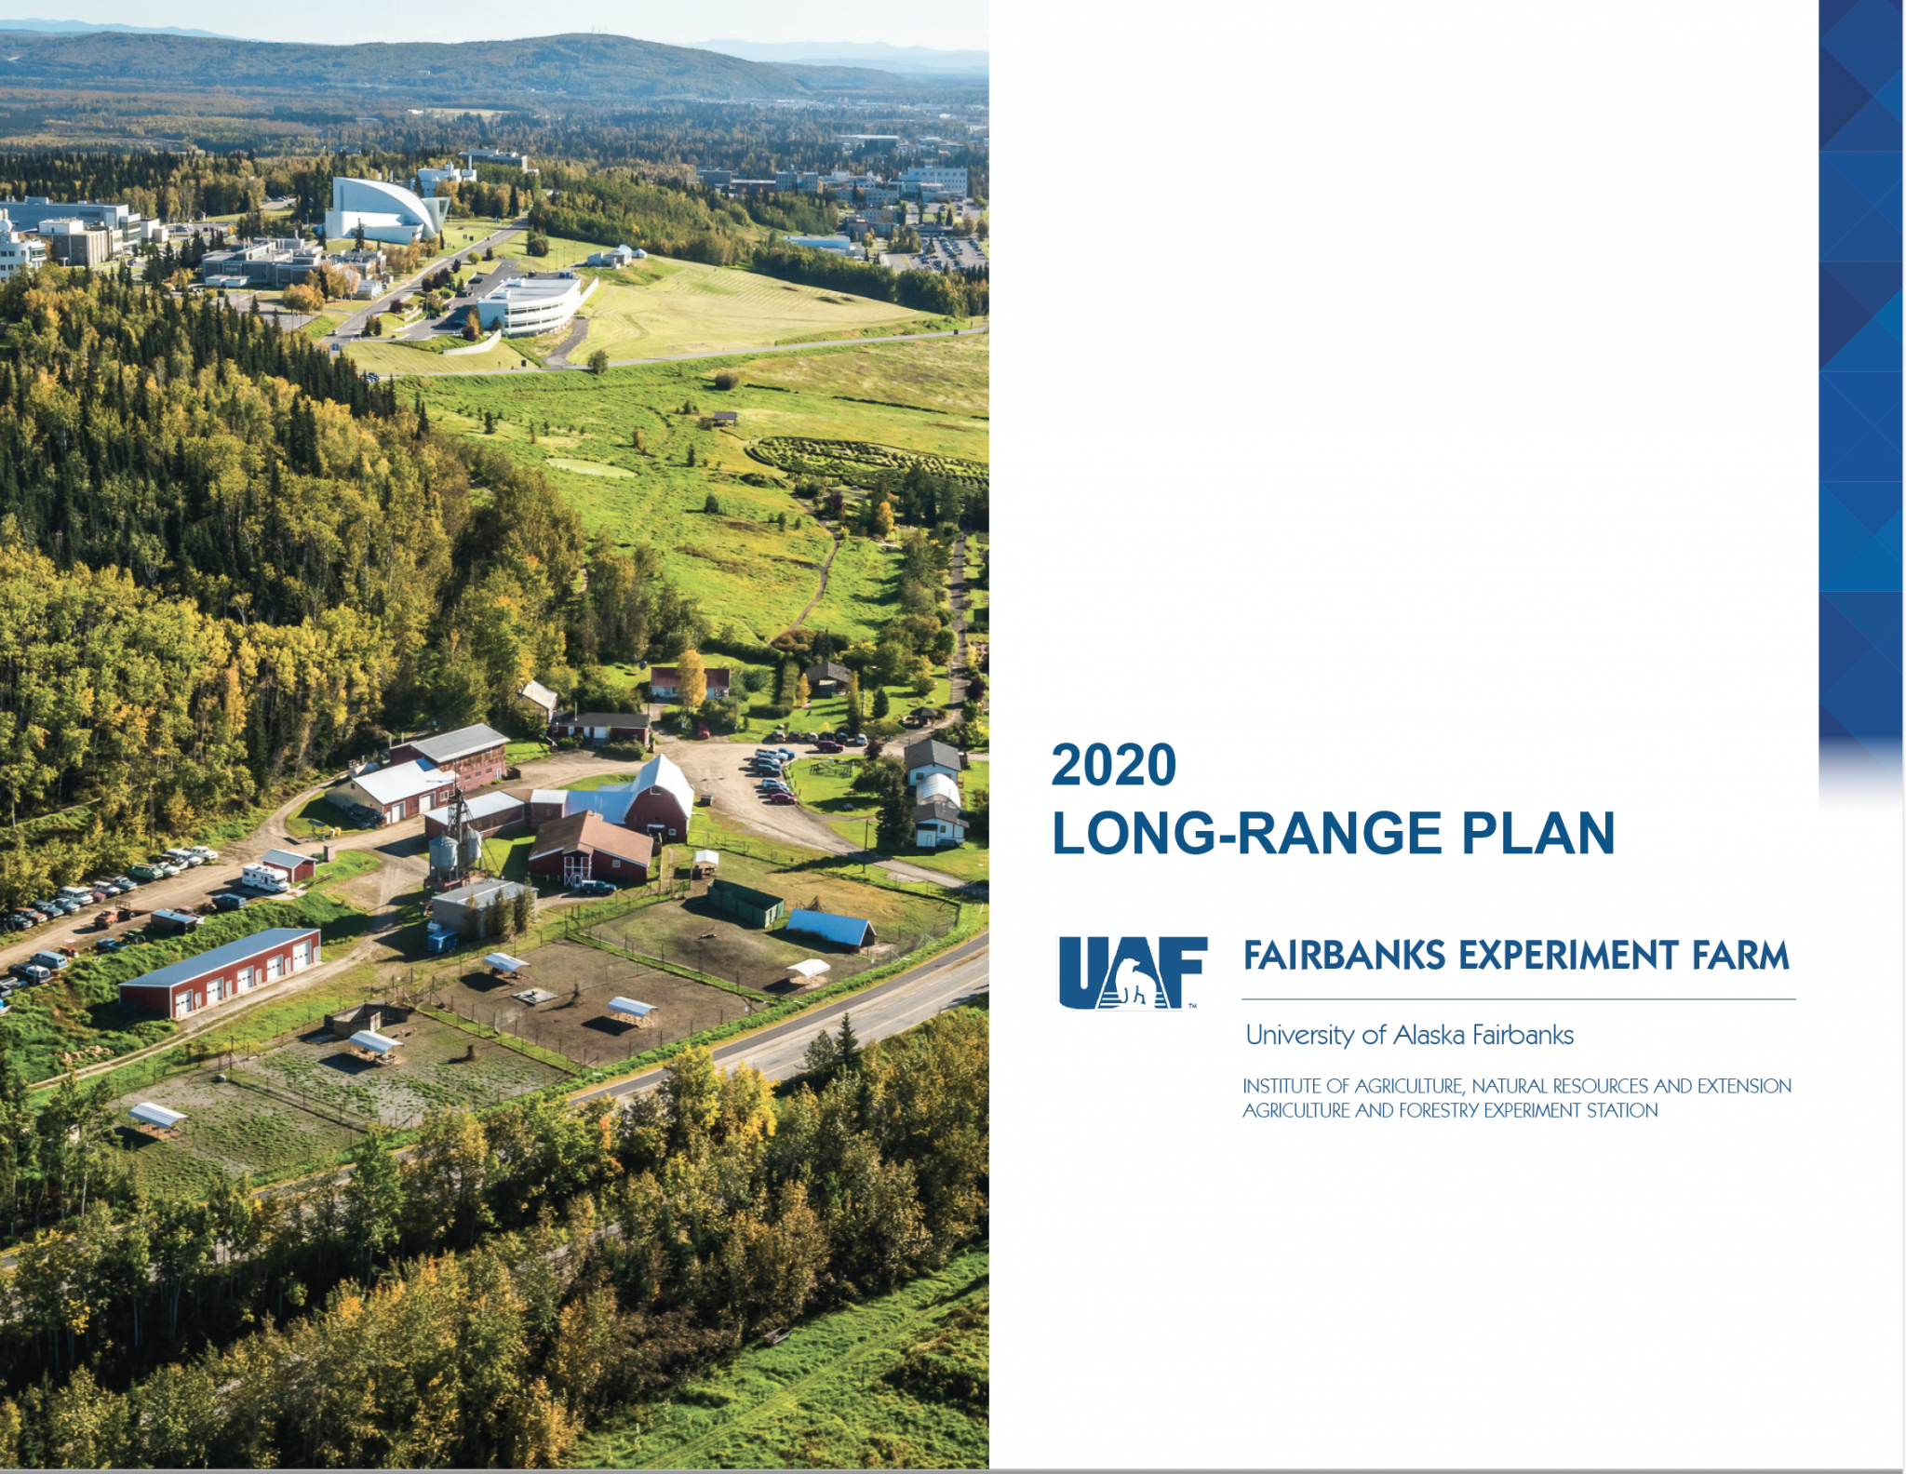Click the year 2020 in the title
pyautogui.click(x=1114, y=765)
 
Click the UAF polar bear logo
pyautogui.click(x=1133, y=972)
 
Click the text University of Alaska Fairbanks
pyautogui.click(x=1409, y=1035)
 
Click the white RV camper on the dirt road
pyautogui.click(x=264, y=877)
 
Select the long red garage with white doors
pyautogui.click(x=221, y=972)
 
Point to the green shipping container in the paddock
pyautogui.click(x=745, y=904)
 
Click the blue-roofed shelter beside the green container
pyautogui.click(x=830, y=929)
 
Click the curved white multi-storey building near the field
pyautogui.click(x=529, y=302)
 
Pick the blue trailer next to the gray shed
pyautogui.click(x=443, y=940)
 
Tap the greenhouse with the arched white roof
pyautogui.click(x=938, y=792)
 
